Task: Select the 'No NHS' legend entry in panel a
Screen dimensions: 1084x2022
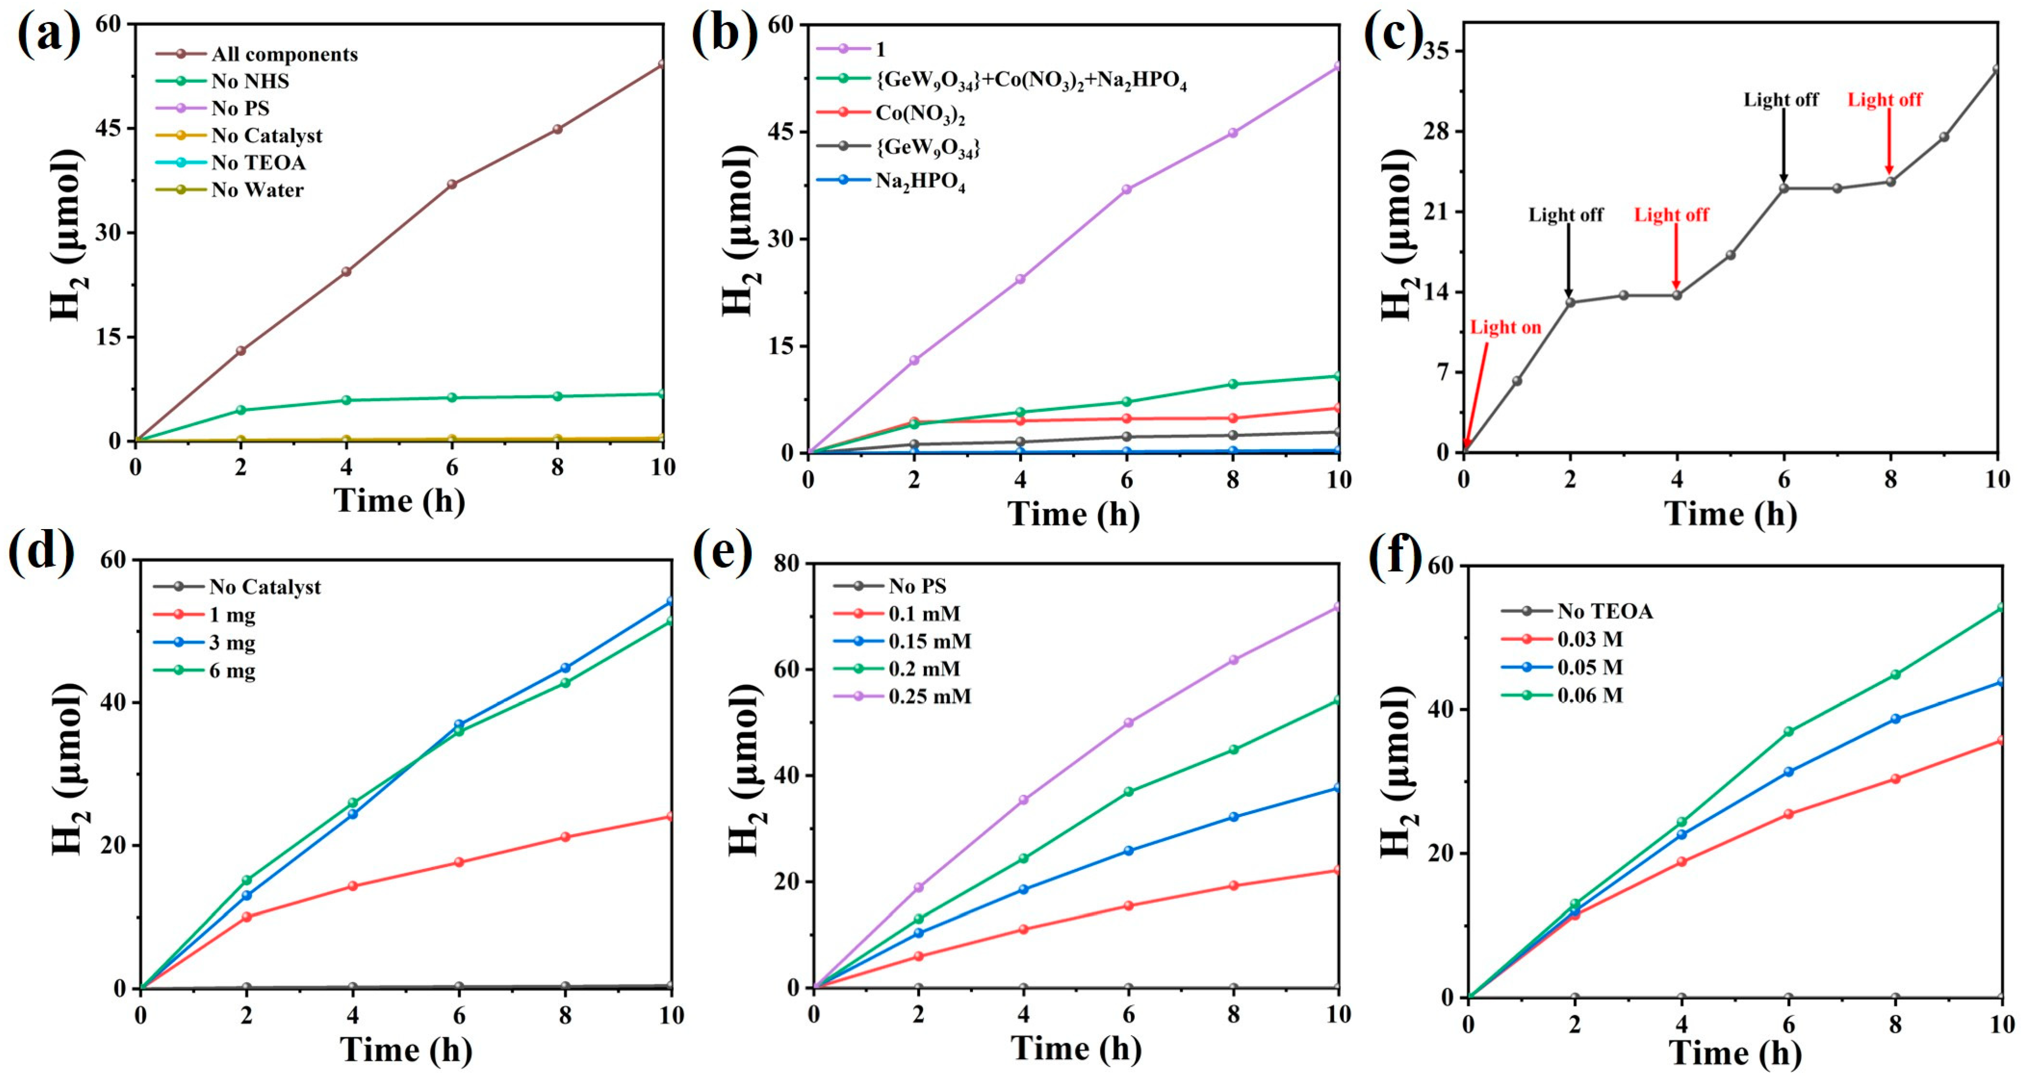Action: point(250,81)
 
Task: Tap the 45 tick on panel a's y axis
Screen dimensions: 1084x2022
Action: point(108,128)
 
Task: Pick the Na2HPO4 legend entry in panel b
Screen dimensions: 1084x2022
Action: point(920,181)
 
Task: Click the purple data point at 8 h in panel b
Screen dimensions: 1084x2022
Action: point(1232,133)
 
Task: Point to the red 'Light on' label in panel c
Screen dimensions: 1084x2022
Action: point(1505,327)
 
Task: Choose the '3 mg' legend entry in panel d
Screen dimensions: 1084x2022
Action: point(231,643)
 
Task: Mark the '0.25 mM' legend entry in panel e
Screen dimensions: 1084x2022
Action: point(930,696)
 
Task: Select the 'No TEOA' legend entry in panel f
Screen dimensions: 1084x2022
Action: point(1605,611)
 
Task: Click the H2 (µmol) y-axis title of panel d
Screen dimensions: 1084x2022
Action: point(69,770)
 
